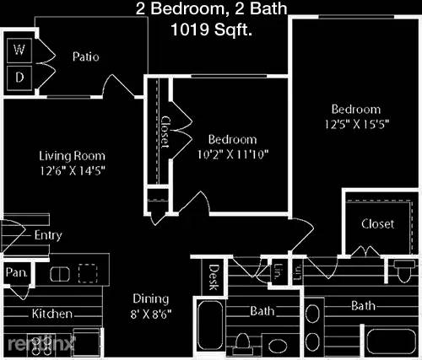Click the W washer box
click(x=19, y=50)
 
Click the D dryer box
click(x=19, y=78)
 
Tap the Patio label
click(x=85, y=57)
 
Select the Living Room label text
click(x=72, y=156)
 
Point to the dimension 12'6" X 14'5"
click(x=72, y=170)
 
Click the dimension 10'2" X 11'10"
click(x=233, y=153)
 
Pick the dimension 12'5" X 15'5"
click(x=355, y=125)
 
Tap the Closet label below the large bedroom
click(x=377, y=224)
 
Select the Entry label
click(x=48, y=236)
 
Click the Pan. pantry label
click(x=17, y=273)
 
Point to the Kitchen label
click(x=51, y=314)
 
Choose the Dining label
click(x=150, y=299)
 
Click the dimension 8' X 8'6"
click(x=150, y=314)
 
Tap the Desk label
click(x=214, y=275)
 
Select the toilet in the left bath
click(x=243, y=341)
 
